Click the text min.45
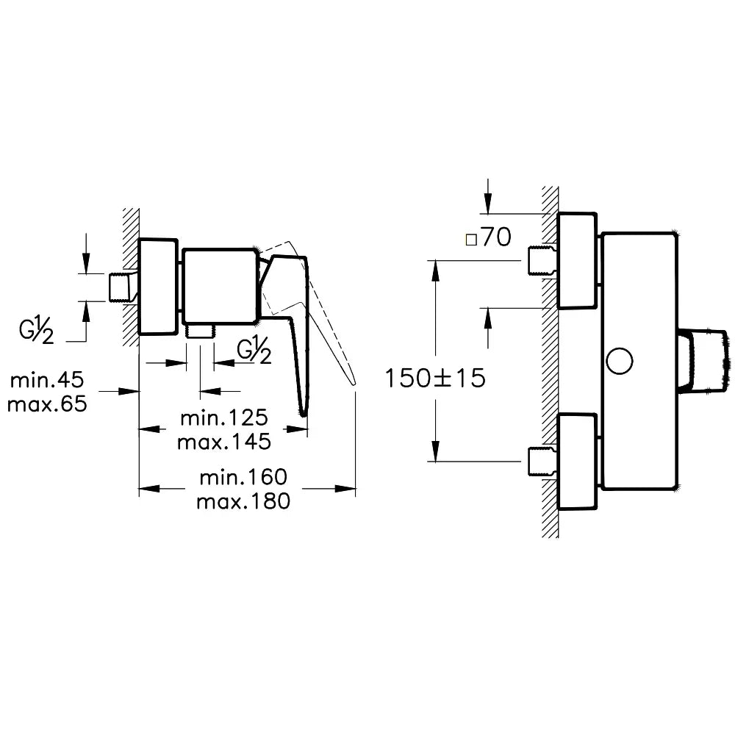[47, 380]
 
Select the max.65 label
[47, 404]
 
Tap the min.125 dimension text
[223, 418]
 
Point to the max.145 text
[223, 442]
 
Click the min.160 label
[243, 477]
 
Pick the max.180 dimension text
[243, 501]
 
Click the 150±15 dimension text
[436, 379]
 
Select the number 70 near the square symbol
[497, 239]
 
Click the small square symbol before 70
[470, 239]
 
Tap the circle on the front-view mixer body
[620, 361]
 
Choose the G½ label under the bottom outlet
[254, 351]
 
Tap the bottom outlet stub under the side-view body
[201, 331]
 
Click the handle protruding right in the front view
[707, 361]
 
